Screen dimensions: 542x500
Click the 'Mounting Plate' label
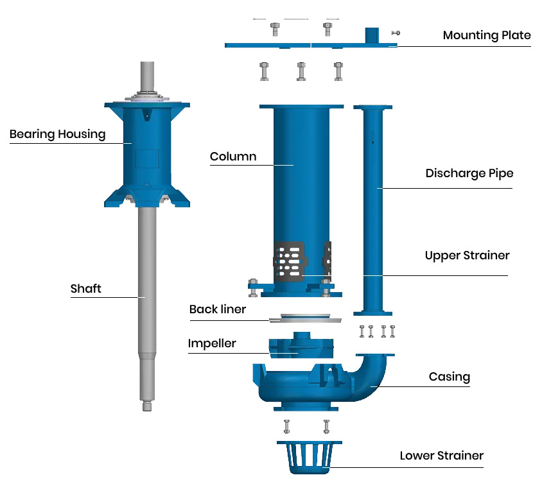click(x=487, y=35)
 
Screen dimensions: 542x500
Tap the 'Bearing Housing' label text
click(x=57, y=134)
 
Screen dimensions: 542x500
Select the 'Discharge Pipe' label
click(x=469, y=173)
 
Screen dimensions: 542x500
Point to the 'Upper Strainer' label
click(x=467, y=255)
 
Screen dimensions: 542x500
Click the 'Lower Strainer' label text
click(x=441, y=456)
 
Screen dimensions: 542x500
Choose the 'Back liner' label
click(x=218, y=309)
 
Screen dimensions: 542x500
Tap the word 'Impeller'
click(x=212, y=343)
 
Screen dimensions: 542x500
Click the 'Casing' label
click(x=450, y=377)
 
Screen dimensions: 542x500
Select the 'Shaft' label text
click(x=85, y=289)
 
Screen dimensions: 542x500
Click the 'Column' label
click(x=233, y=157)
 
